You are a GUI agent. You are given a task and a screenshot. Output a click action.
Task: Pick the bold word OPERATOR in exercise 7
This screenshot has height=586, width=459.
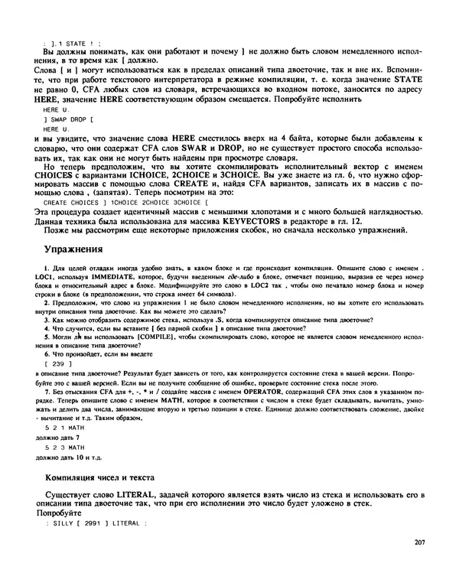click(263, 390)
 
